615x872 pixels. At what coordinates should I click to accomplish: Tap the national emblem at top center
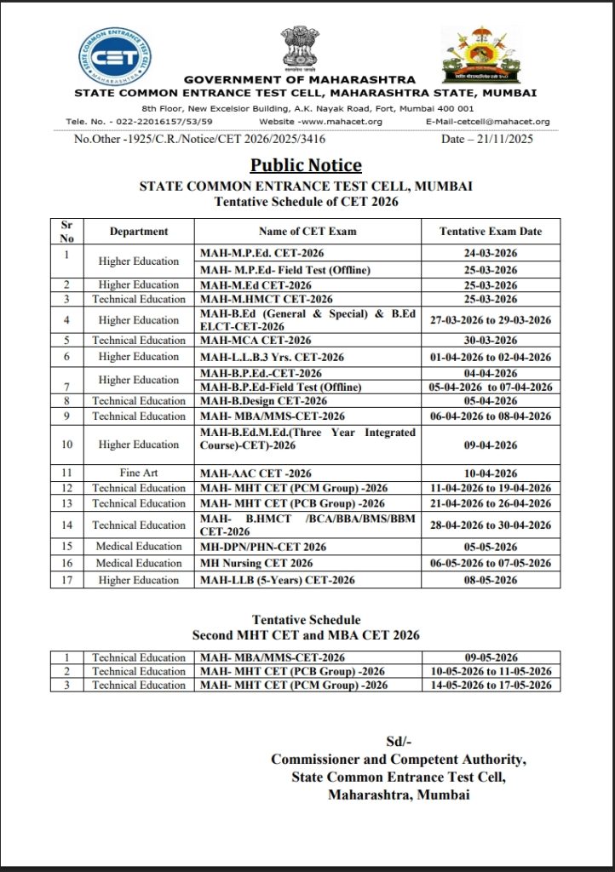point(300,49)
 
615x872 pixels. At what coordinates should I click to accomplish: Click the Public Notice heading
point(306,165)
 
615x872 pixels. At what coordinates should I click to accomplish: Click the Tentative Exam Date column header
point(490,232)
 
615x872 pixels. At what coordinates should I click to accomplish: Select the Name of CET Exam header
point(307,232)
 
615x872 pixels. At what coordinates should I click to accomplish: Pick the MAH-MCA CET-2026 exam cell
point(256,341)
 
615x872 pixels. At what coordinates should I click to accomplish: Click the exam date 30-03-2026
point(490,341)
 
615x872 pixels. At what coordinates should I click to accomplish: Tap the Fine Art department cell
point(138,473)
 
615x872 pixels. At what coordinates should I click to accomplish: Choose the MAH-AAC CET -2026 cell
point(256,473)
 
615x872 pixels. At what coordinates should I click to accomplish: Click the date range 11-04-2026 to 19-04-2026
point(490,488)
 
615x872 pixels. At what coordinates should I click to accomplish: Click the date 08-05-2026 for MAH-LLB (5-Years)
point(490,580)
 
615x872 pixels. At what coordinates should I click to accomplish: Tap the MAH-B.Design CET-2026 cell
point(263,401)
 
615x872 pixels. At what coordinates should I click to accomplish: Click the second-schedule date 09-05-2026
point(491,657)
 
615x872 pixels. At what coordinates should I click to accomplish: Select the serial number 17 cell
point(66,580)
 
